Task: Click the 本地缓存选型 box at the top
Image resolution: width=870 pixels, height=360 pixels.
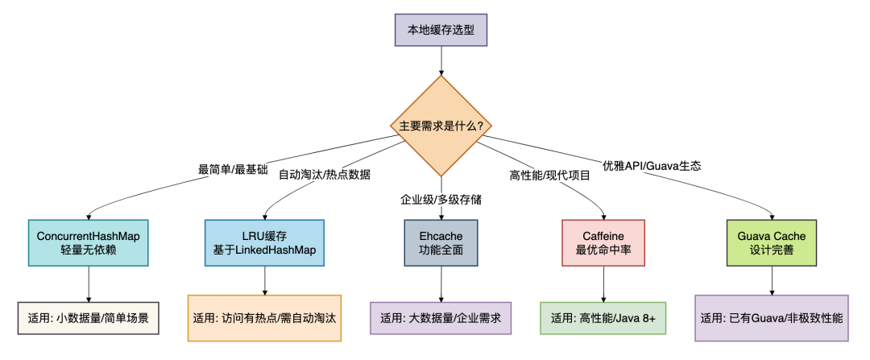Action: (441, 30)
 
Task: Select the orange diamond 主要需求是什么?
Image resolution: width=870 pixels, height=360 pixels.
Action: (441, 126)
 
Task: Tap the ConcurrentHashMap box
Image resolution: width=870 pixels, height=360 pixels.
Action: (88, 242)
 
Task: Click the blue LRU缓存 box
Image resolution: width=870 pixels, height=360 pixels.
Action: (264, 242)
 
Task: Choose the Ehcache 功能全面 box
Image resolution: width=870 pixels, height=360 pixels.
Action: (441, 242)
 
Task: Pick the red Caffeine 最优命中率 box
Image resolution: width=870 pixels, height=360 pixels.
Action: (603, 242)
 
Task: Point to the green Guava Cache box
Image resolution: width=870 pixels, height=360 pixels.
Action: (772, 242)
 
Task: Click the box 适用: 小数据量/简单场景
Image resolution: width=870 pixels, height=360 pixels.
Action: (88, 317)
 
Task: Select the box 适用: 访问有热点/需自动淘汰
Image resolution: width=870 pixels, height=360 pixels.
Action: (264, 317)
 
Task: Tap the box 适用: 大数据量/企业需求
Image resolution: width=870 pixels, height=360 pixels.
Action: (441, 317)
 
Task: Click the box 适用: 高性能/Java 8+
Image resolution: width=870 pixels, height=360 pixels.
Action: (603, 317)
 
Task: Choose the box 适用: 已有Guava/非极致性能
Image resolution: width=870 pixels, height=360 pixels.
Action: (772, 317)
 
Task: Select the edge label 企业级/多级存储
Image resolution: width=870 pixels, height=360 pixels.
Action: (441, 198)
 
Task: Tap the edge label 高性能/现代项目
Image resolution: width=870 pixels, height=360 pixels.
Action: (550, 175)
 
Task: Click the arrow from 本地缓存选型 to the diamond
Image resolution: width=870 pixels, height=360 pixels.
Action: (441, 60)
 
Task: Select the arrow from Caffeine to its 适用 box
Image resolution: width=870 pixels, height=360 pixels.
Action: (603, 283)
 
